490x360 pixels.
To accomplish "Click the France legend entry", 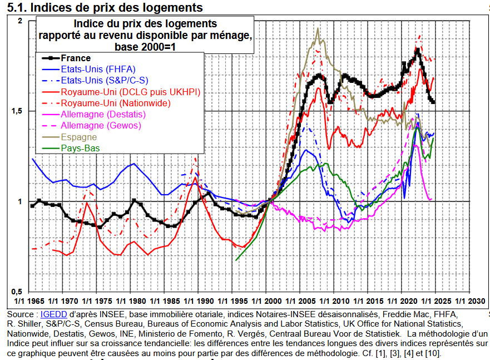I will [x=76, y=58].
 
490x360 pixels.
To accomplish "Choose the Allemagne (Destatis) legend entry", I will [x=103, y=114].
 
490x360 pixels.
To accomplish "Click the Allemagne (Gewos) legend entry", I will [x=101, y=126].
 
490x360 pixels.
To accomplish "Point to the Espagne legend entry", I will [x=79, y=137].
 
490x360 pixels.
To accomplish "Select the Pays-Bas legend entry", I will [x=80, y=148].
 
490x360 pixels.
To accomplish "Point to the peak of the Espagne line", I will [x=318, y=28].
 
